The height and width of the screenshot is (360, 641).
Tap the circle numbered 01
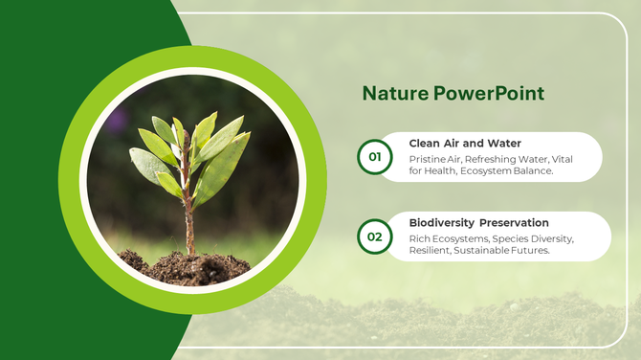(x=374, y=156)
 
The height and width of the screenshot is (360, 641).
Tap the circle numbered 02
(x=374, y=236)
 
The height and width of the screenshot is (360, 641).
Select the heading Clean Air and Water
(x=465, y=144)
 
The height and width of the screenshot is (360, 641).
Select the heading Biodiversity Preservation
(x=478, y=222)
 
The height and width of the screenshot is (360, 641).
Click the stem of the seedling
(x=189, y=225)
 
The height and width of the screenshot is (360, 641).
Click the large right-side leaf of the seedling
(x=225, y=163)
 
